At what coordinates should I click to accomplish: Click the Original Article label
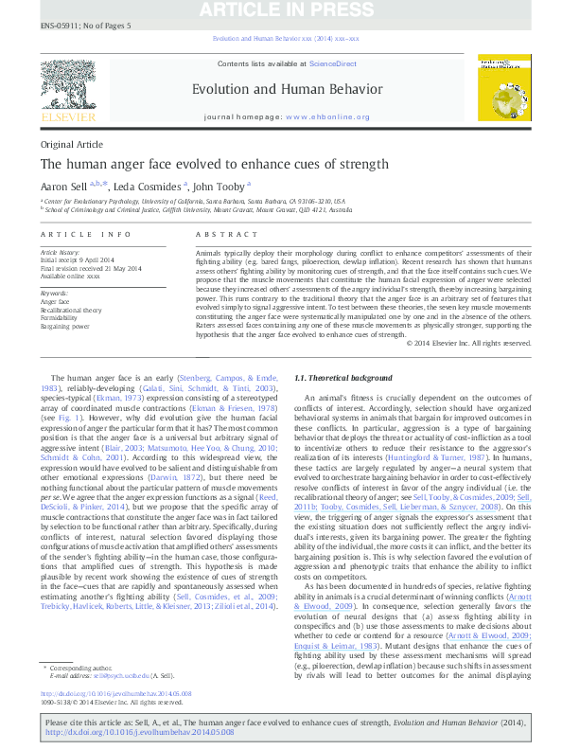[71, 144]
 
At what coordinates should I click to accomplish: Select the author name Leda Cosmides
[149, 187]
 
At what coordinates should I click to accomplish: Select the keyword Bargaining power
[64, 325]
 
